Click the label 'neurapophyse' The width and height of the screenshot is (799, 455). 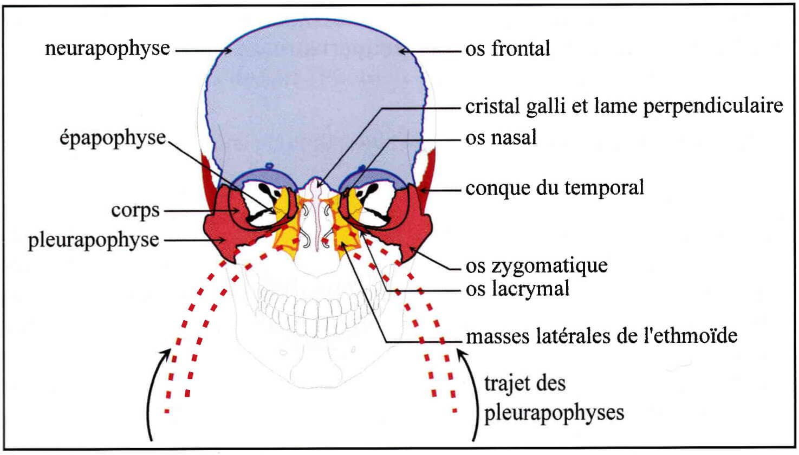pos(107,49)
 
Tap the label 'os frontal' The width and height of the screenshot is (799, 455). pos(508,49)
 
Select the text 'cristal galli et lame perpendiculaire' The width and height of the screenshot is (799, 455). pos(624,106)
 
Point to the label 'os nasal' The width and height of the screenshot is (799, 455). pos(501,137)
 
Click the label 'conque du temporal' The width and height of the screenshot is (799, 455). pos(555,188)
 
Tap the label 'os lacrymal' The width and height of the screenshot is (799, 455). pos(517,289)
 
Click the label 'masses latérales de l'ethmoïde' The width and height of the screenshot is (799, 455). pos(601,336)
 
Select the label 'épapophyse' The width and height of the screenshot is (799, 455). pos(113,138)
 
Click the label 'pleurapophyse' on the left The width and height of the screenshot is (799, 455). pos(94,240)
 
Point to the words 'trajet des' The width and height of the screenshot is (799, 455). pos(525,383)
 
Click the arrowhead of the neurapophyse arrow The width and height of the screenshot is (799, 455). pos(229,50)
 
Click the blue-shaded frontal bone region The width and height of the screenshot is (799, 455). pos(315,96)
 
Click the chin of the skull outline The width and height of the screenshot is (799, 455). pos(315,378)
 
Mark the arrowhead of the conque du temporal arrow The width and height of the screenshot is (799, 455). pos(423,190)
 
